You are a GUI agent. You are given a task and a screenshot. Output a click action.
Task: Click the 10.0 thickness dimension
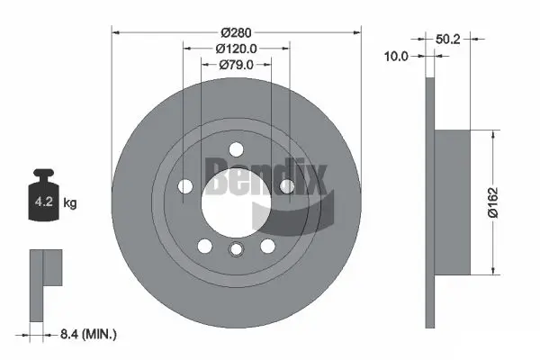click(x=396, y=56)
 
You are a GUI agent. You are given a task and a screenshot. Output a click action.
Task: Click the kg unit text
click(x=70, y=203)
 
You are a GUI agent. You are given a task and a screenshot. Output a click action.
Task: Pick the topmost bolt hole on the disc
click(x=236, y=149)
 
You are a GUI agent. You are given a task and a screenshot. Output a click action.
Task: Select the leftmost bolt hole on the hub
click(x=185, y=186)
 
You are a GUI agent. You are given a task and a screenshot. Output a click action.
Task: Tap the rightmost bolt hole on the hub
click(x=287, y=186)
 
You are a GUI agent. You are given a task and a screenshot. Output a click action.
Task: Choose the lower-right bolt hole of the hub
click(x=267, y=246)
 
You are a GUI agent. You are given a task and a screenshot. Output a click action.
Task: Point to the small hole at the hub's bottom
click(x=236, y=251)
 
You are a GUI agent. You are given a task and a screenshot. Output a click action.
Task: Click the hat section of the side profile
click(x=452, y=202)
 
